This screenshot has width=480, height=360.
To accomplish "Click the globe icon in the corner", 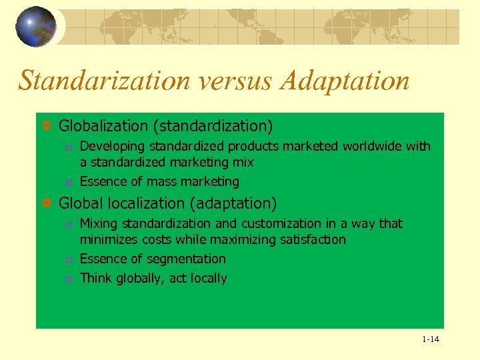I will (36, 27).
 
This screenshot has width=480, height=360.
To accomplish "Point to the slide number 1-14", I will (430, 339).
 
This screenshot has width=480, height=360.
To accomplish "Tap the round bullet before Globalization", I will (47, 126).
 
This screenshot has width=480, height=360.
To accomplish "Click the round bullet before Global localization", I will (47, 203).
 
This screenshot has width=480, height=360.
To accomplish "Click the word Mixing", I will (98, 223).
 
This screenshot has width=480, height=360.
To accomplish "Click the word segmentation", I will (185, 259).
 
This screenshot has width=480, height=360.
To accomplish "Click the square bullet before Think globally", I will (68, 279).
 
